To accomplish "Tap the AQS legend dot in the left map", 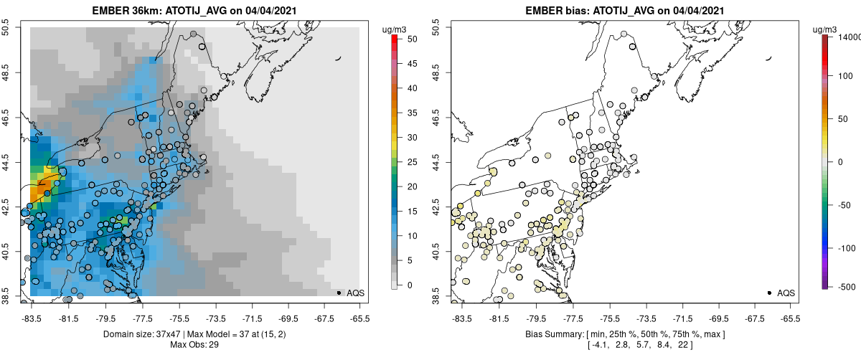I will [338, 293].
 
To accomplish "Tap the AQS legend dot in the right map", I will [769, 293].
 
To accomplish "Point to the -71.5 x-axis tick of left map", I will [252, 318].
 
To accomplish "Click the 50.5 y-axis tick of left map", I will [10, 27].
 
